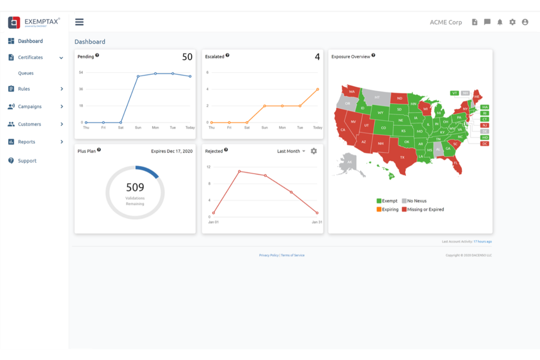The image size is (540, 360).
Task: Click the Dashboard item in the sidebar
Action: tap(30, 41)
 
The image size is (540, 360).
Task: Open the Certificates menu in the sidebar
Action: tap(31, 58)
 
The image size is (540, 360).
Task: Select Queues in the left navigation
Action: tap(26, 73)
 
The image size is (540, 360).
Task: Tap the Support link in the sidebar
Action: tap(27, 161)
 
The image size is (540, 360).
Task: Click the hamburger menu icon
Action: tap(79, 22)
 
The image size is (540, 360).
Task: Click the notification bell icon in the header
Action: tap(500, 22)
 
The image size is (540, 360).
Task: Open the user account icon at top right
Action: tap(525, 22)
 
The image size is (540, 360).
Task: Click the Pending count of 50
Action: tap(187, 57)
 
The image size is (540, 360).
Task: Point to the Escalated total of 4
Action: tap(317, 57)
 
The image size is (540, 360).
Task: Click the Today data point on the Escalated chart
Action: tap(317, 89)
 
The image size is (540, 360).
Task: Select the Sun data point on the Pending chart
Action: tap(138, 76)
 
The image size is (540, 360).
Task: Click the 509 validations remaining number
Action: tap(135, 187)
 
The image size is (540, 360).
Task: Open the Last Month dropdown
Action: tap(291, 151)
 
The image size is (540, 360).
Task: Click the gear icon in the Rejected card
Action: tap(314, 151)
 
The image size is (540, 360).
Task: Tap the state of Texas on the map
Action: tap(401, 157)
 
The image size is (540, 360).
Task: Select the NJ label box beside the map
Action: tap(485, 125)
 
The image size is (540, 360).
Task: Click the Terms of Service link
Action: tap(293, 255)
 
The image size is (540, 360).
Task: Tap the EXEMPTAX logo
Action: tap(34, 23)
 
